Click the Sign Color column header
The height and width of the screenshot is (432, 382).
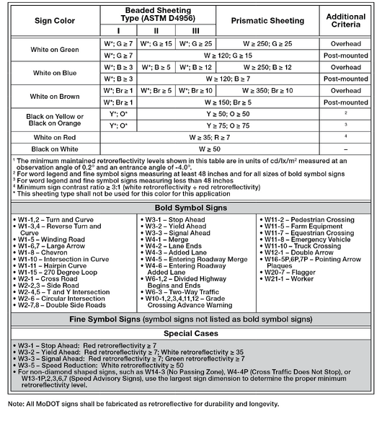[54, 21]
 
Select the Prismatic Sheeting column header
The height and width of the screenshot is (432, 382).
[267, 21]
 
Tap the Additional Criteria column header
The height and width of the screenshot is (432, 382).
[345, 21]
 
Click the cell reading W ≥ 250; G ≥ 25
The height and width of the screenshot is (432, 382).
[267, 43]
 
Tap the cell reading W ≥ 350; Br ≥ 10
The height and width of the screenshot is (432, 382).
[267, 90]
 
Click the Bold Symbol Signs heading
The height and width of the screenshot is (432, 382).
[191, 207]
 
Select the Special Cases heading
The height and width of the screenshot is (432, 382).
[191, 334]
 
